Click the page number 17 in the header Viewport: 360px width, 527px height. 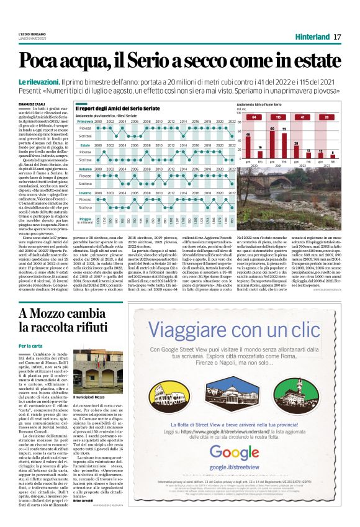click(338, 37)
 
